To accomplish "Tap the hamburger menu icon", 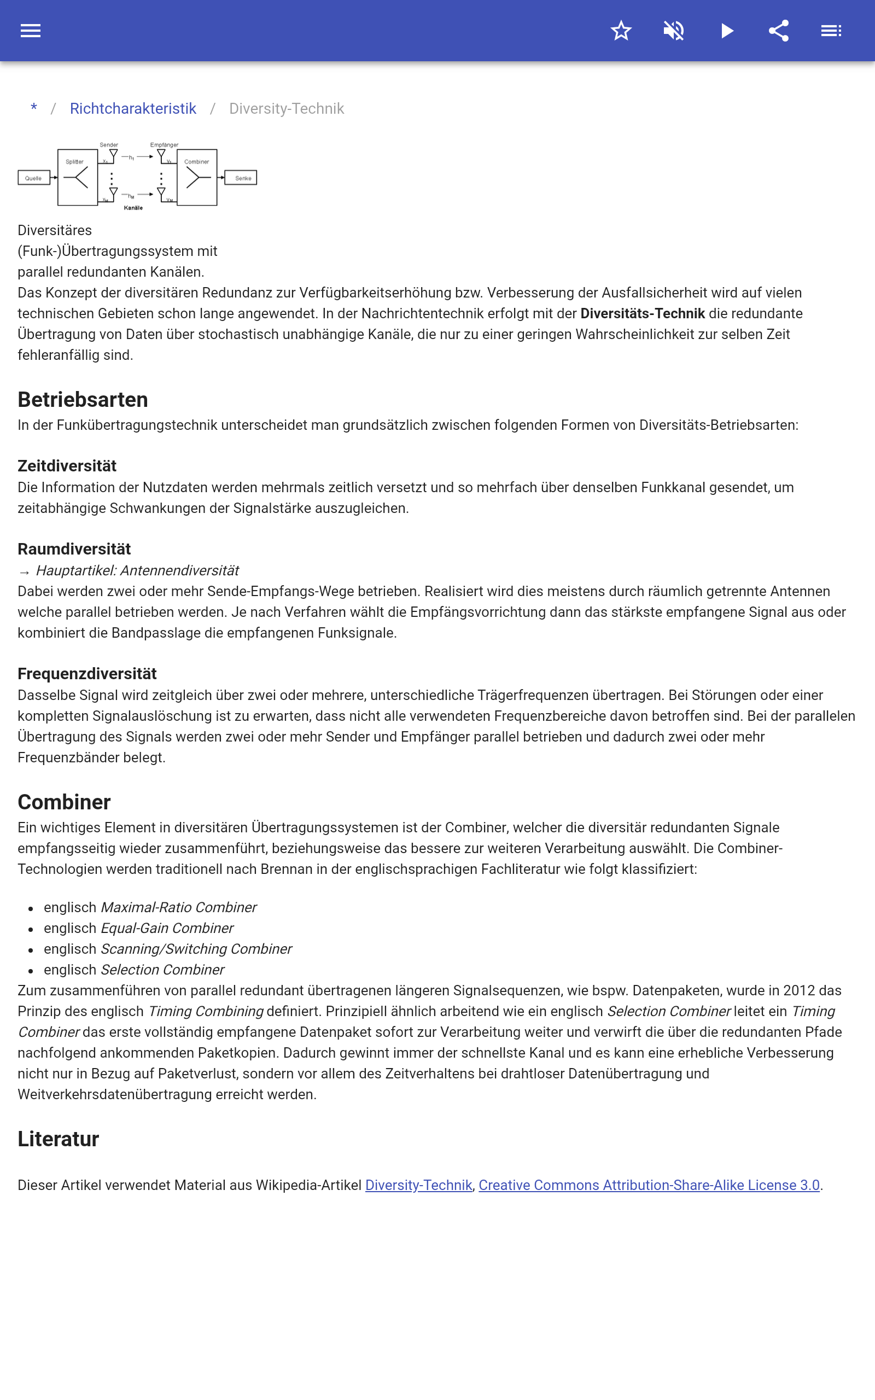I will [x=31, y=31].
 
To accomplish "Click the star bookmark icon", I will [x=621, y=31].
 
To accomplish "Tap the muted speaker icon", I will [x=674, y=31].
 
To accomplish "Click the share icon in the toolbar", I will [x=779, y=31].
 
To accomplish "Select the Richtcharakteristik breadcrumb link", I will [x=133, y=109].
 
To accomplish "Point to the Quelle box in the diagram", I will [x=33, y=178].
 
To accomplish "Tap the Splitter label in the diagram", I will [x=75, y=162].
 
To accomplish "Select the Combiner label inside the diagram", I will [x=197, y=162].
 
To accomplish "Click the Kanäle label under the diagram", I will [x=133, y=208].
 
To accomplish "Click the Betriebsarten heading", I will [x=83, y=400].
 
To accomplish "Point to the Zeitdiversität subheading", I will [x=67, y=466].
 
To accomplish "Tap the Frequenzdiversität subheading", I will [x=87, y=673].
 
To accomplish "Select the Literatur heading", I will [x=59, y=1139].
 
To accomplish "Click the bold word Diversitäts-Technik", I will [x=643, y=313].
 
